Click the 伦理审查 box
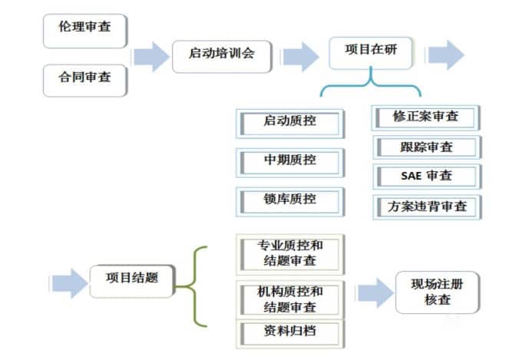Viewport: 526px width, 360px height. (84, 28)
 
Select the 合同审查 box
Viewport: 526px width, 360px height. (84, 78)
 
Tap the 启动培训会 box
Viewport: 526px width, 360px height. (221, 54)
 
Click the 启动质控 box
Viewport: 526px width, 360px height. (289, 122)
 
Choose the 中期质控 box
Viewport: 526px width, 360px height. (289, 161)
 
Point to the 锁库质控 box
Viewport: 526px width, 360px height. (289, 200)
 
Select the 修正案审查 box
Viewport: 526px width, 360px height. (427, 117)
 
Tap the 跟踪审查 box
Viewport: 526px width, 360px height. (427, 147)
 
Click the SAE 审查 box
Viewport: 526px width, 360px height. (427, 176)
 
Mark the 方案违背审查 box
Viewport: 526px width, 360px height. (427, 206)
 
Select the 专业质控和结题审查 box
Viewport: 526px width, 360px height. (289, 254)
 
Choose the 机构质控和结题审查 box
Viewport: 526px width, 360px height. (289, 299)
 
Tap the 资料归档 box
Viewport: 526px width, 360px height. (289, 332)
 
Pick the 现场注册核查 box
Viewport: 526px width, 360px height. (438, 292)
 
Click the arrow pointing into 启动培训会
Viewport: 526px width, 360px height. (151, 56)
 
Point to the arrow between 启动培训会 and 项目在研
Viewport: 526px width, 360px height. (300, 56)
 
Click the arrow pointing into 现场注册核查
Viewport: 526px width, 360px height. (374, 293)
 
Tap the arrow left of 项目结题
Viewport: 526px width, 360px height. (68, 282)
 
